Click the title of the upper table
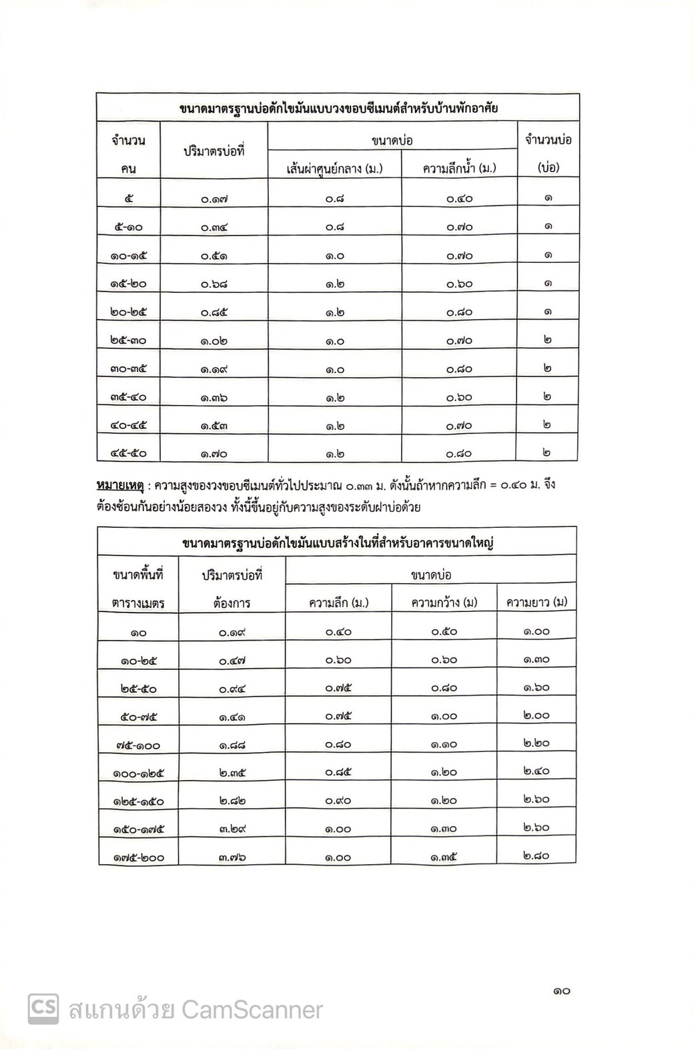[338, 109]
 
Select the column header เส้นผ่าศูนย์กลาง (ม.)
[334, 168]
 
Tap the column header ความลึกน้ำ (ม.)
[459, 168]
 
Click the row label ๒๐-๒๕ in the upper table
[129, 312]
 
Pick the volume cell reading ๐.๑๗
[214, 199]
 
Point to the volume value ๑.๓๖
[214, 397]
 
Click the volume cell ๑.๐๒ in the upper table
[214, 340]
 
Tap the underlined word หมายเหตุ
[120, 485]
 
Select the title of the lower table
[337, 543]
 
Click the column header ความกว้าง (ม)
[444, 603]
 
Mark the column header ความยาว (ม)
[537, 603]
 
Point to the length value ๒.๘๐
[537, 856]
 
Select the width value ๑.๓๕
[444, 857]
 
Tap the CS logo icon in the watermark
[43, 1009]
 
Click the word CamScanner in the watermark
[252, 1010]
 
